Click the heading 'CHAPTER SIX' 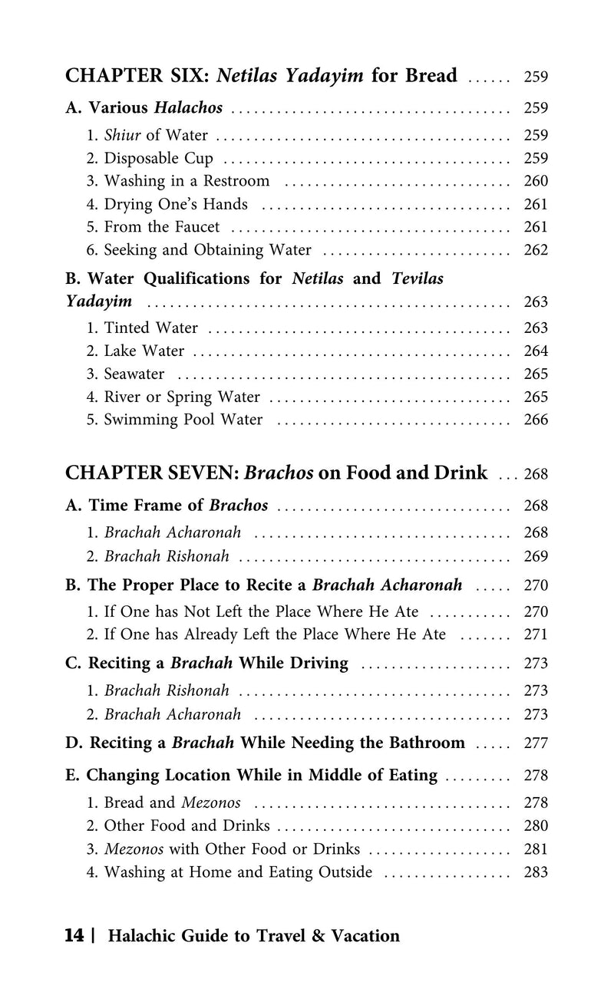[x=138, y=76]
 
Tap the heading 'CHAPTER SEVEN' [x=152, y=473]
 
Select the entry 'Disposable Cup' [x=159, y=159]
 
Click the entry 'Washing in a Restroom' [x=187, y=182]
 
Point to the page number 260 [x=536, y=182]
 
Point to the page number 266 [x=536, y=420]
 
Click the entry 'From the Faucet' [x=162, y=227]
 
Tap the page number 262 [x=536, y=250]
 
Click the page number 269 [x=536, y=555]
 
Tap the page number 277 [x=536, y=743]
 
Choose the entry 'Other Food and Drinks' [x=187, y=826]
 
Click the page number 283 [x=536, y=872]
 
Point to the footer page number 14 [x=74, y=936]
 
